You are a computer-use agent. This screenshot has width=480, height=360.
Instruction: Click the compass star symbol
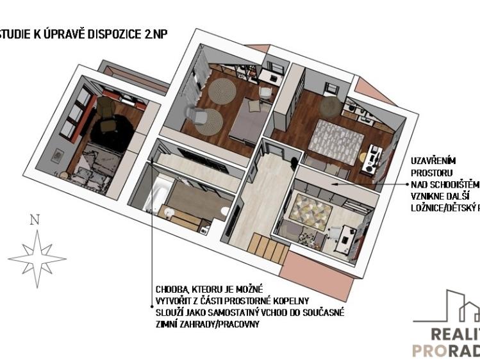37,255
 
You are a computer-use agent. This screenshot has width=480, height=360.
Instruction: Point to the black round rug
112,131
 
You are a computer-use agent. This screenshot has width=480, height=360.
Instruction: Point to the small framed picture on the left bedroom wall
59,154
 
